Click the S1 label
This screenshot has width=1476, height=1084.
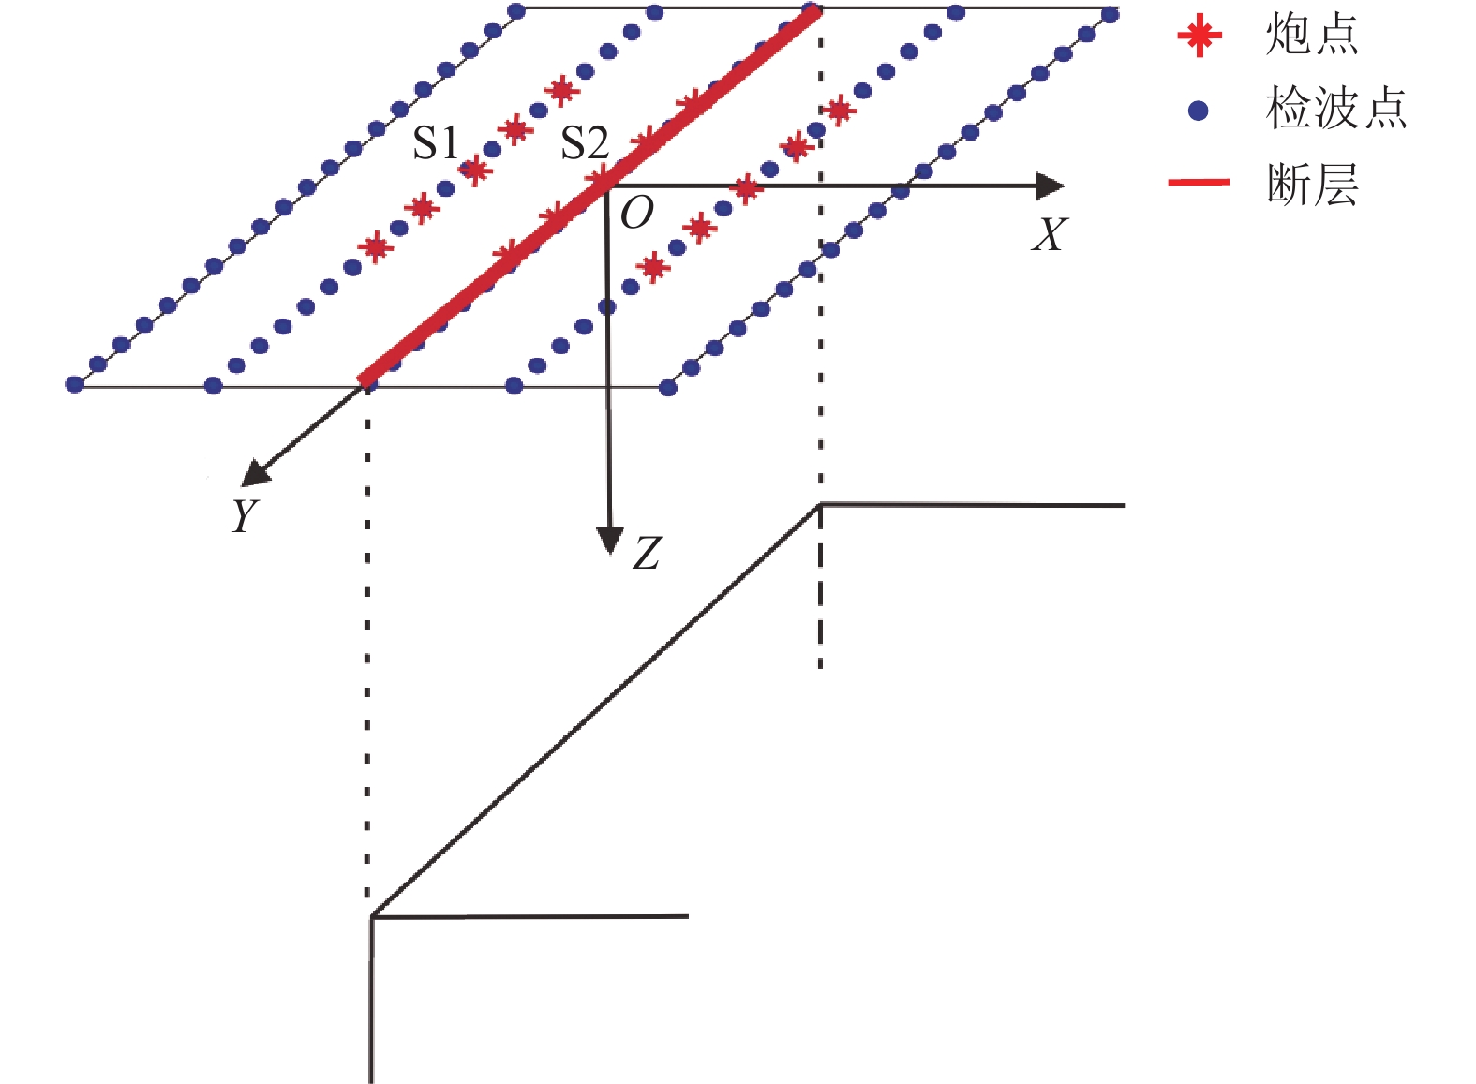pos(436,143)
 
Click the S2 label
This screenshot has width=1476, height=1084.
pos(584,143)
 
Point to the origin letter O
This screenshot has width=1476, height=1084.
pos(637,213)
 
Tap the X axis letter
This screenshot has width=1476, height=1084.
pos(1049,235)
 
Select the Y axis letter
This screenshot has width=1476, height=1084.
pos(245,515)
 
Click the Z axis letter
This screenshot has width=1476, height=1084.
pos(647,553)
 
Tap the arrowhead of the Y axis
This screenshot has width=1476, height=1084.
pos(253,475)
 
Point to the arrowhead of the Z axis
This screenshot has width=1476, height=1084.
pos(610,541)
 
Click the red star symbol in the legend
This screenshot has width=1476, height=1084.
pos(1200,37)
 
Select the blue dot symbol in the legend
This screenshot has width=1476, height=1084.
pos(1198,111)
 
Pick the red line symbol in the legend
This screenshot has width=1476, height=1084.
pos(1199,182)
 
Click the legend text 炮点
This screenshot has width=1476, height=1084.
pos(1311,36)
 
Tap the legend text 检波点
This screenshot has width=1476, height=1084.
pos(1335,110)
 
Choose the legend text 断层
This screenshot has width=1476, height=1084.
pos(1312,184)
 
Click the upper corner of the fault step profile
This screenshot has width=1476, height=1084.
pos(821,505)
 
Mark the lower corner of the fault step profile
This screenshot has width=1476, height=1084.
pos(372,915)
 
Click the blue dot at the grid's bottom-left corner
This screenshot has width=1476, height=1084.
pos(75,384)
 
